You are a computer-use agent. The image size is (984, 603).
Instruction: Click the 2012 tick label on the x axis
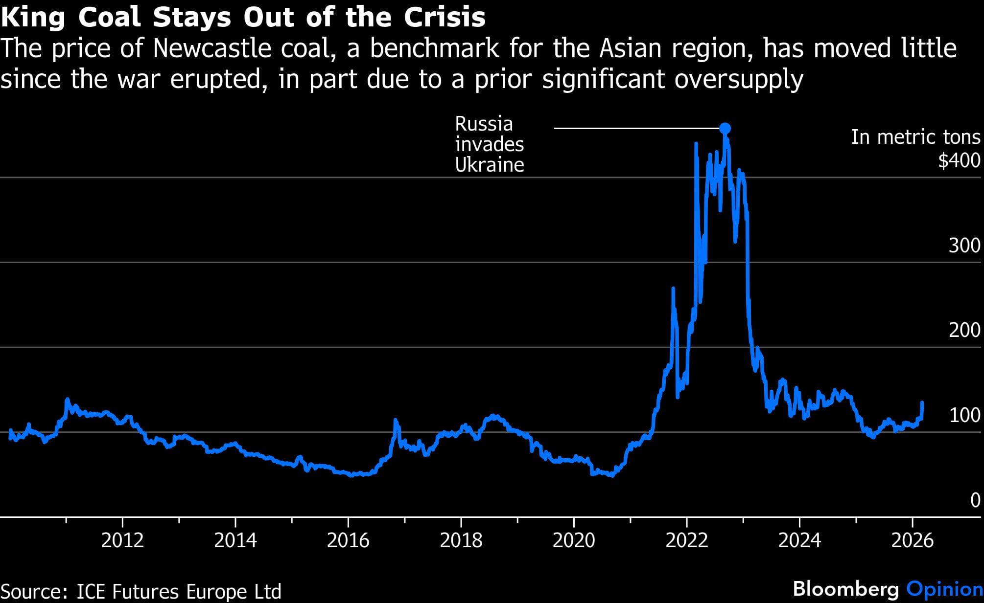tap(122, 540)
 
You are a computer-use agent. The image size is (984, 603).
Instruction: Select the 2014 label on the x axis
tap(235, 540)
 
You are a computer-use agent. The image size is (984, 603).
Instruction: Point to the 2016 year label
tap(348, 540)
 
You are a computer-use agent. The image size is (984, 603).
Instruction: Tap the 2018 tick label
tap(461, 540)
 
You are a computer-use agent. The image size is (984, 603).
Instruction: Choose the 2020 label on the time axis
tap(574, 540)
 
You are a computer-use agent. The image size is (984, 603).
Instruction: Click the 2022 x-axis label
tap(687, 540)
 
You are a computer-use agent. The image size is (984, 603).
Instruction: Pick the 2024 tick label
tap(799, 540)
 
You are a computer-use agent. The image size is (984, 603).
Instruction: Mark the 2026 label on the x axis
tap(913, 540)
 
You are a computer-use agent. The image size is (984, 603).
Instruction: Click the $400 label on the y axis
tap(959, 160)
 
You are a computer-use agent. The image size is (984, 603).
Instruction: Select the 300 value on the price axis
tap(964, 246)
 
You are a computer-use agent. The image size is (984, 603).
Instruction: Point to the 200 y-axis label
tap(964, 331)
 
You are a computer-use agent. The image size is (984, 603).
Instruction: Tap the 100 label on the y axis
tap(964, 415)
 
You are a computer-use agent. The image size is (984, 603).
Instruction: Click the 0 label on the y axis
tap(975, 500)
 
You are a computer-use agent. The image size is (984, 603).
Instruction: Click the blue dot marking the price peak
tap(725, 129)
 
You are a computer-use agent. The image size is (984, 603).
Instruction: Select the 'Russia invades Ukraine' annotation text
tap(489, 144)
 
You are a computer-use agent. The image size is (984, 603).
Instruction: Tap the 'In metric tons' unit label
tap(915, 137)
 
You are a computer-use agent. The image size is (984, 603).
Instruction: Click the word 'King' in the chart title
tap(33, 18)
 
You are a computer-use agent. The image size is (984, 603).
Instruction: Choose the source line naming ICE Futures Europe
tap(141, 591)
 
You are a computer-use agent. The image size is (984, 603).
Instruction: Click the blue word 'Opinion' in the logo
tap(944, 589)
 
